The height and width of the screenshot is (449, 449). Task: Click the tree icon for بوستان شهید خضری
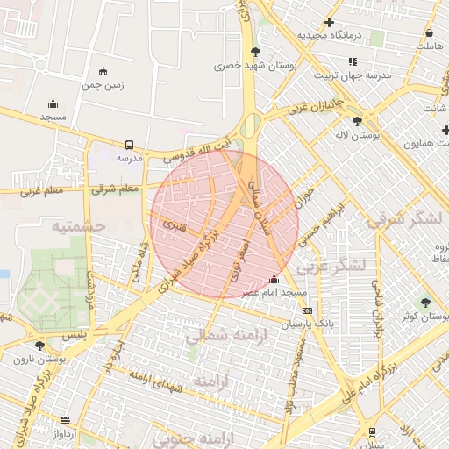click(255, 52)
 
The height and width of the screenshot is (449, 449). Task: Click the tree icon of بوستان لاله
click(357, 121)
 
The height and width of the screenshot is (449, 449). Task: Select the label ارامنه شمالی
click(215, 333)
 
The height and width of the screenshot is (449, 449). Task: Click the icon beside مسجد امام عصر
click(274, 303)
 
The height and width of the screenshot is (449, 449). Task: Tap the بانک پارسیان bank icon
click(307, 310)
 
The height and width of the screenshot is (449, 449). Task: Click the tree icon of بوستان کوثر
click(425, 302)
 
